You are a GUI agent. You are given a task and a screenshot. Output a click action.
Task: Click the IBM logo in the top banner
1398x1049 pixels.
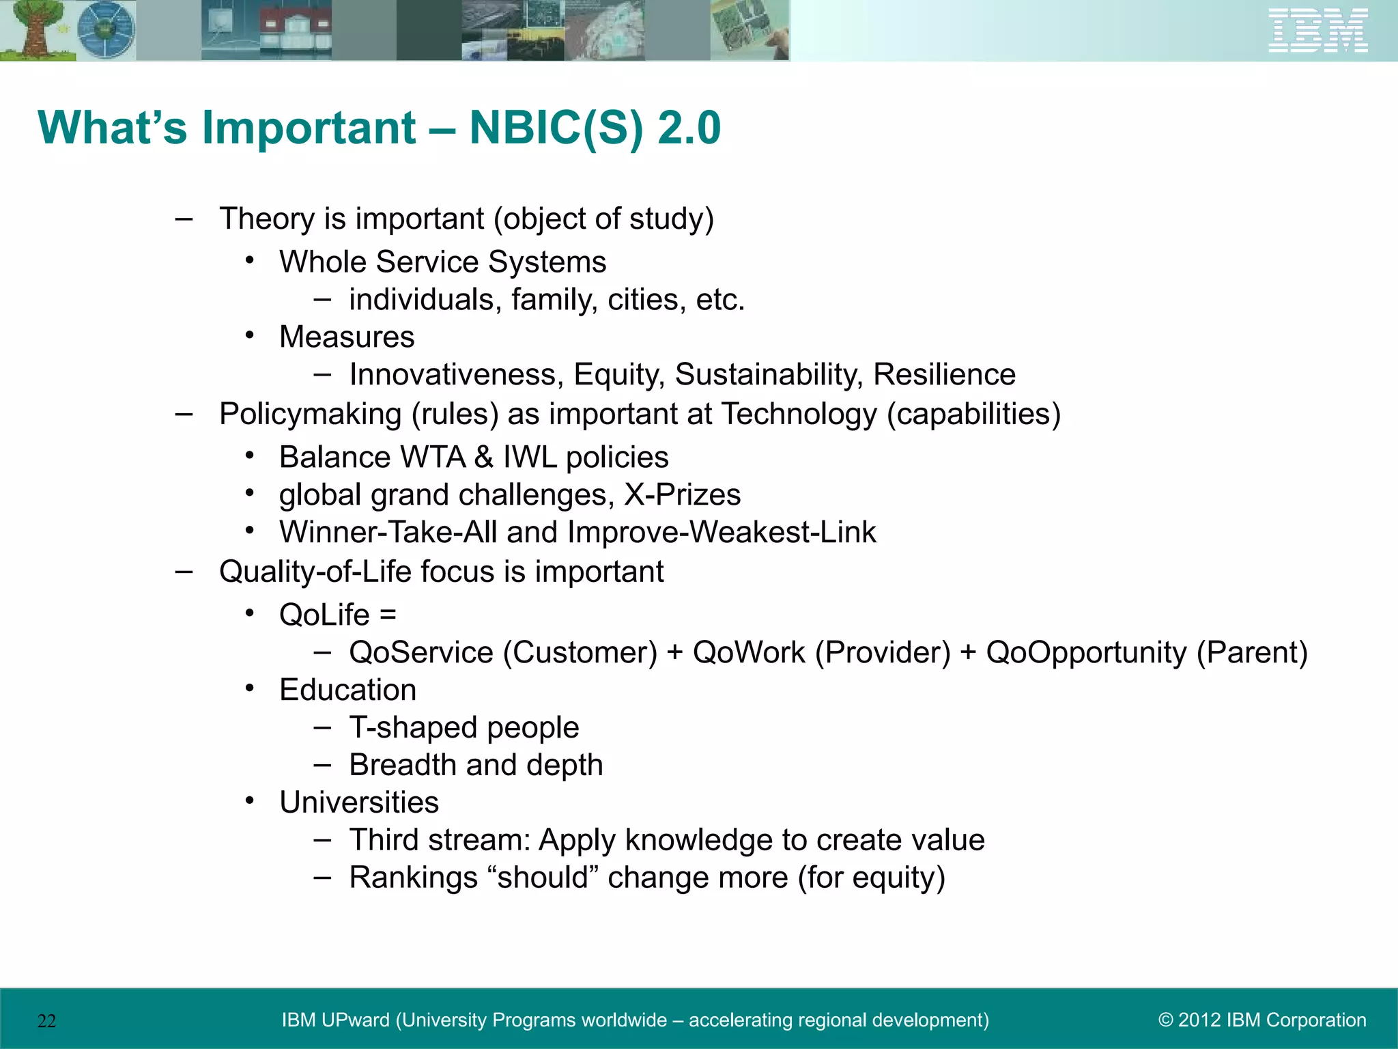[1317, 30]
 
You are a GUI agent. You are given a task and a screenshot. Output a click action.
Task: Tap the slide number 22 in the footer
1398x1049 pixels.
[46, 1021]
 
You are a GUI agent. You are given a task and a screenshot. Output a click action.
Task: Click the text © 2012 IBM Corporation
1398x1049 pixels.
[1262, 1020]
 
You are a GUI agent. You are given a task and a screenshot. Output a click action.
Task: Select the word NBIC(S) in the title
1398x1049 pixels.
[556, 128]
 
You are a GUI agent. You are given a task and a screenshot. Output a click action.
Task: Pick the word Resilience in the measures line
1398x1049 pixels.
[944, 375]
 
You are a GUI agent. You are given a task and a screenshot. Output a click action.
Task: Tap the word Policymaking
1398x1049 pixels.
[310, 415]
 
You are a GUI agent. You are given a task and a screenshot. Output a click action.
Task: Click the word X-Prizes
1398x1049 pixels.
[682, 494]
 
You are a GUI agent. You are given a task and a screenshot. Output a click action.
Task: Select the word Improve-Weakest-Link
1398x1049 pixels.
[722, 533]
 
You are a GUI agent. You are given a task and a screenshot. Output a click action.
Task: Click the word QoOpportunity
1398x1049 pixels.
[1086, 652]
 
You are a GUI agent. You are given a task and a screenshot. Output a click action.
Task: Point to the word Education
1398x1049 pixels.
[347, 690]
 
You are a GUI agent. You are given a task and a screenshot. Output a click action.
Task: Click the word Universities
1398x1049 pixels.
[358, 802]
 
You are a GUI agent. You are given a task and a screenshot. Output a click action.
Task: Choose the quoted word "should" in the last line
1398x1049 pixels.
[543, 878]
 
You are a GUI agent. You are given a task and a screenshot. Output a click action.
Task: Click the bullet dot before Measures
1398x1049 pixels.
[251, 335]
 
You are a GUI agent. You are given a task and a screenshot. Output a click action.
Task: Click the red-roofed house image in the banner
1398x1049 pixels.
[295, 30]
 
